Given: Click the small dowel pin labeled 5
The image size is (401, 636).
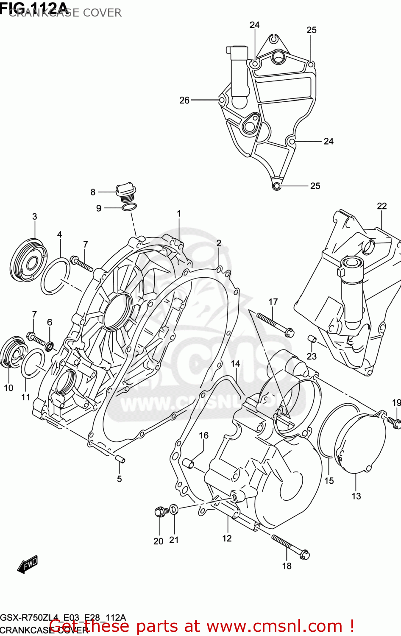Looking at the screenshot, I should (x=120, y=459).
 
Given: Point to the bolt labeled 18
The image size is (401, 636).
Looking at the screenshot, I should (x=290, y=547).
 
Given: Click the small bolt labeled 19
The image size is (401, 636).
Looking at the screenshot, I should (x=393, y=421).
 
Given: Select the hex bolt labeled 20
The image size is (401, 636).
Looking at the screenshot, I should (x=159, y=511).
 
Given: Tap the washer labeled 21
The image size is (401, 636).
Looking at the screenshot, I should (x=174, y=509).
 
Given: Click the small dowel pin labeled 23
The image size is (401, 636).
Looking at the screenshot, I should (x=312, y=339).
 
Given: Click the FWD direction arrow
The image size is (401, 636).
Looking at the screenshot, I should (x=28, y=564).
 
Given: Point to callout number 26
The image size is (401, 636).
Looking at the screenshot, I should (x=184, y=100).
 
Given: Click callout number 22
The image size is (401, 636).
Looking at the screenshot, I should (x=382, y=206).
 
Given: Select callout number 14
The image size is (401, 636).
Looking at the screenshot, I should (x=235, y=364).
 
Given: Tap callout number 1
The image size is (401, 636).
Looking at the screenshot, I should (x=179, y=214).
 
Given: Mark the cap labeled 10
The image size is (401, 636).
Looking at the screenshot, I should (x=12, y=352).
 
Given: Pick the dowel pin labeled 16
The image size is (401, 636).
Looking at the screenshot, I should (x=188, y=464).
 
